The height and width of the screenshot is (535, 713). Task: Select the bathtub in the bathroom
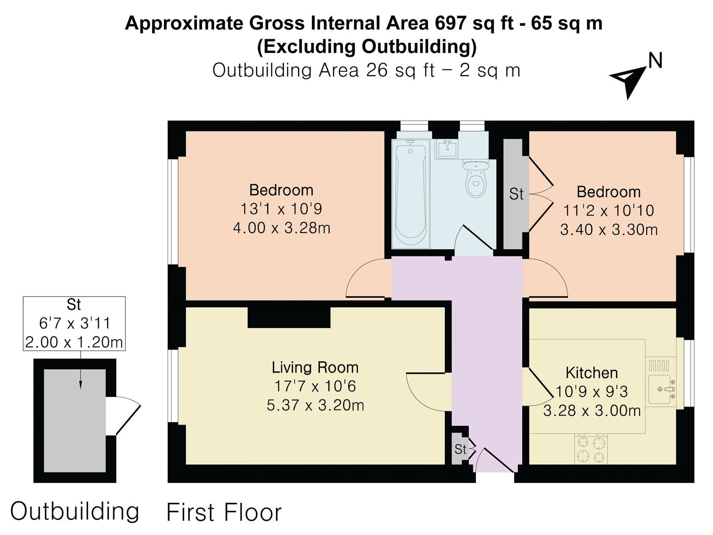(410, 194)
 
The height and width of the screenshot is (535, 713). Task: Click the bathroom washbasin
(447, 149)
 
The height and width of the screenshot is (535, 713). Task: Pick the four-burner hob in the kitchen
(591, 449)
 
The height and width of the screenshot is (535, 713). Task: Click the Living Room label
(315, 368)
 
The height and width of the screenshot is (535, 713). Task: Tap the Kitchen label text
(591, 373)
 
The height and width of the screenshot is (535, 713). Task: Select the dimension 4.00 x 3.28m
(282, 228)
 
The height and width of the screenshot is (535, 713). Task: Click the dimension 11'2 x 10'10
(608, 210)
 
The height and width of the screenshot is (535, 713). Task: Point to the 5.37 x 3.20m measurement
(315, 405)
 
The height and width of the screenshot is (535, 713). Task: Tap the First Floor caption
(224, 513)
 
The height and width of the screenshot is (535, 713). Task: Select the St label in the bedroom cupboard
(516, 194)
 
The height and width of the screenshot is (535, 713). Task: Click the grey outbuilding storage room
(75, 421)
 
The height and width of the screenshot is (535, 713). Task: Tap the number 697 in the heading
(451, 23)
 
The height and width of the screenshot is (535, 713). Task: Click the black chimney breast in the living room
(289, 317)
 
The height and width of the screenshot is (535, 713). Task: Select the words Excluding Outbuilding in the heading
(367, 47)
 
